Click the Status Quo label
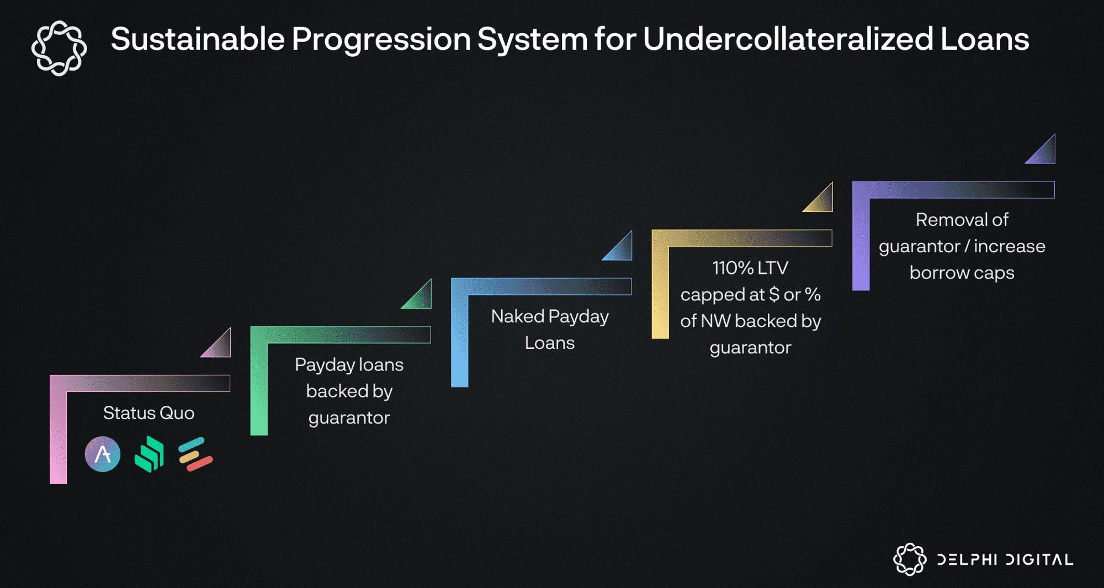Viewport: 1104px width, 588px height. click(148, 413)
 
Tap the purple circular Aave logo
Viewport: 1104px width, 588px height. click(103, 454)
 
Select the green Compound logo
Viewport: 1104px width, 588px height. click(149, 454)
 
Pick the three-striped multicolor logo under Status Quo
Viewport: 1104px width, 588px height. click(195, 454)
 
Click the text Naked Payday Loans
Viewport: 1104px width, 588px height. click(550, 330)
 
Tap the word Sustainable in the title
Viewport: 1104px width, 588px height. click(198, 39)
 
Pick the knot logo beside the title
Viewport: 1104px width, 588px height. click(59, 48)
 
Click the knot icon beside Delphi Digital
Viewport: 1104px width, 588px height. click(910, 559)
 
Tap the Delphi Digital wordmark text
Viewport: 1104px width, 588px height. click(1005, 560)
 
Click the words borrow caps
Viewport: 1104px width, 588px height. click(962, 273)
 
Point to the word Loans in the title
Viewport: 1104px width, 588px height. click(985, 39)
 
